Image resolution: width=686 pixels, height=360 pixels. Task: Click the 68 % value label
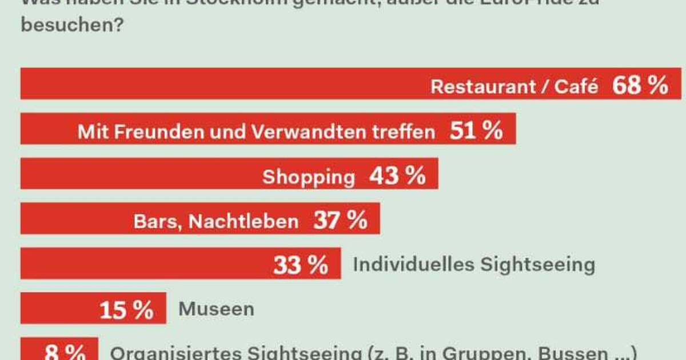(x=640, y=86)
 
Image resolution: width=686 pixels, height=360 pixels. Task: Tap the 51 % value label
(x=476, y=131)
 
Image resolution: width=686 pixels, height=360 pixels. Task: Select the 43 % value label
(x=397, y=176)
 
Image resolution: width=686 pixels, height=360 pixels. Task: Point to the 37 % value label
(x=340, y=221)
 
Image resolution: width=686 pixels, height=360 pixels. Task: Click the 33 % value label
(x=301, y=265)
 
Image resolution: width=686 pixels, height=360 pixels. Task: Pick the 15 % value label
(x=126, y=310)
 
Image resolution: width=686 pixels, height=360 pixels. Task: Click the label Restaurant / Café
(x=514, y=86)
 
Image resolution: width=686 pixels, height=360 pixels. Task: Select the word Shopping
(x=309, y=177)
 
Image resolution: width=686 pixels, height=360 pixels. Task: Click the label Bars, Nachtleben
(x=216, y=221)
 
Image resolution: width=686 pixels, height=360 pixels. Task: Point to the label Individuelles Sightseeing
(x=474, y=265)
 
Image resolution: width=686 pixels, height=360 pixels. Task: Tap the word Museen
(x=216, y=309)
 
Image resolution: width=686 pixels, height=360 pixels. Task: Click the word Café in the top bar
(x=577, y=86)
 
